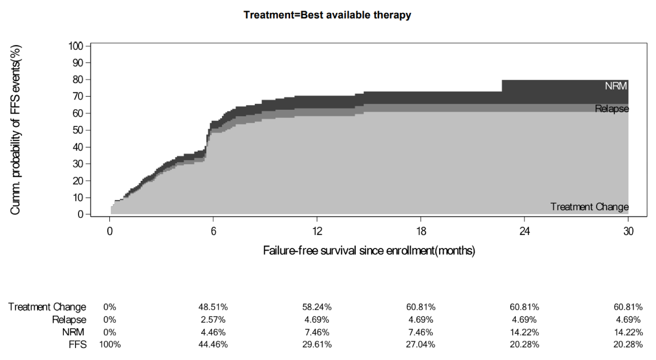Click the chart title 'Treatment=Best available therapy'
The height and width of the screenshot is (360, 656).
[x=327, y=15]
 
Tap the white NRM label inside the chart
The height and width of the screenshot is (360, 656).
[x=616, y=86]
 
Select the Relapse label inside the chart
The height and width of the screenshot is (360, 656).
[x=611, y=109]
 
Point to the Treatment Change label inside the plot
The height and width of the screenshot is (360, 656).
[x=589, y=207]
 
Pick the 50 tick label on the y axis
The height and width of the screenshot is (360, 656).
[x=79, y=130]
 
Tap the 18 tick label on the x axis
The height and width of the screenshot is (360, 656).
[x=421, y=231]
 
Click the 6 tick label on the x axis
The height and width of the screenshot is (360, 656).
[x=213, y=231]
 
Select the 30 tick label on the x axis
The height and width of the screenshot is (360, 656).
[x=628, y=231]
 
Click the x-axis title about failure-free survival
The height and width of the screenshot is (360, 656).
[x=369, y=250]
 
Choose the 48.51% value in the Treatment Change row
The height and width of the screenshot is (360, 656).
[x=213, y=307]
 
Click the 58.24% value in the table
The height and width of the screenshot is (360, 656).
[x=317, y=307]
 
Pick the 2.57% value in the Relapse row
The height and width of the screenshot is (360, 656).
[x=213, y=320]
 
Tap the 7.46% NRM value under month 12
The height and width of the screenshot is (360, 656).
[x=317, y=332]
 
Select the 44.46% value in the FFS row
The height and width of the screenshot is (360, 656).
[x=213, y=345]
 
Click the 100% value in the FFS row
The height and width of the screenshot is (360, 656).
[x=110, y=345]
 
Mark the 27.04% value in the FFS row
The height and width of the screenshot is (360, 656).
[x=421, y=345]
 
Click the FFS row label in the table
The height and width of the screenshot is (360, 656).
[x=78, y=345]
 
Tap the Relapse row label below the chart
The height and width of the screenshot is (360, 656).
[x=69, y=320]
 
